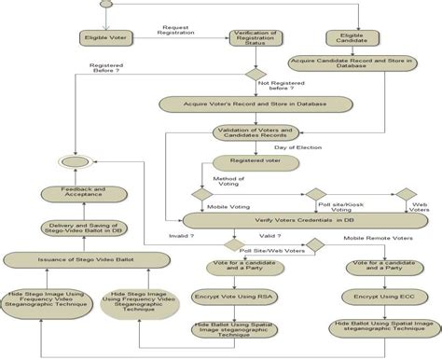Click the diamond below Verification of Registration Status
click(x=256, y=75)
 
